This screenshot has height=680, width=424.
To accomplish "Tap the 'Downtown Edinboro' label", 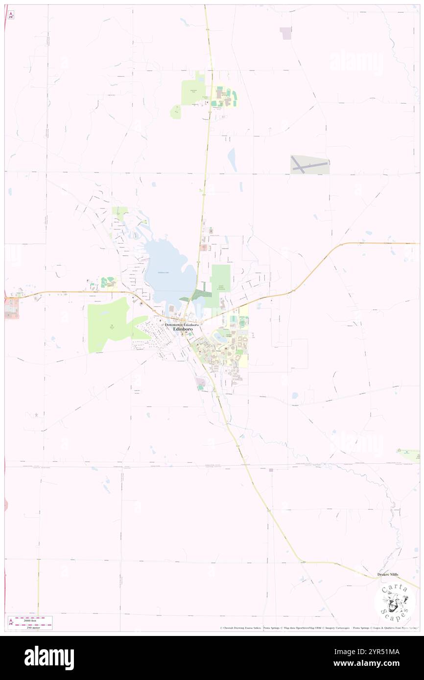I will tap(182, 325).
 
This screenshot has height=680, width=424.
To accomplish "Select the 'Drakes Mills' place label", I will tap(388, 574).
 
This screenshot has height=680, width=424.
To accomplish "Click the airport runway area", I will tap(309, 165).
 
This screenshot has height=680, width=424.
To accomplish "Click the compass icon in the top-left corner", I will tap(11, 15).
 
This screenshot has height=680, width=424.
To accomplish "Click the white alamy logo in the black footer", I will tap(49, 657).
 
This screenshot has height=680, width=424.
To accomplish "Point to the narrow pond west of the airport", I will tap(232, 160).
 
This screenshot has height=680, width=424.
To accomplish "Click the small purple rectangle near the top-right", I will tap(285, 33).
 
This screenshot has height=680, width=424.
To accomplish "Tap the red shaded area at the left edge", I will tap(11, 308).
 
